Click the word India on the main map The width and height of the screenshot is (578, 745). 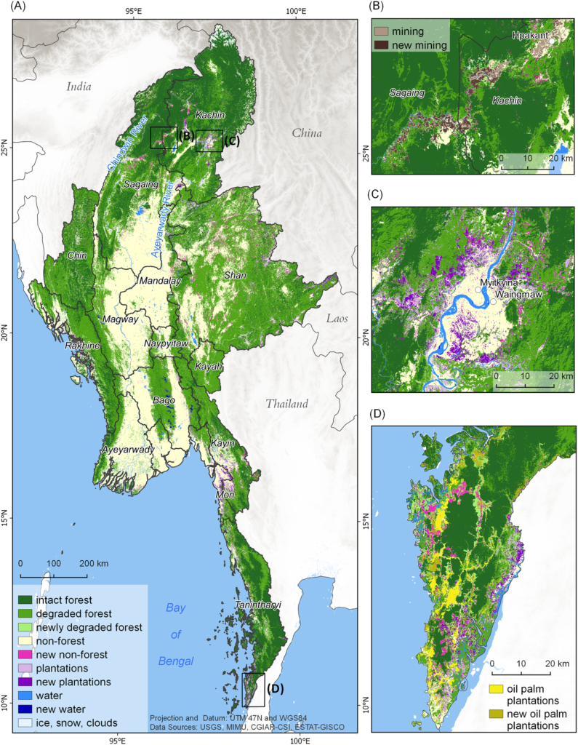[x=79, y=87]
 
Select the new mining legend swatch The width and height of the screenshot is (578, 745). [x=381, y=45]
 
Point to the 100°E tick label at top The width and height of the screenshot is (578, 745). [x=294, y=11]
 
